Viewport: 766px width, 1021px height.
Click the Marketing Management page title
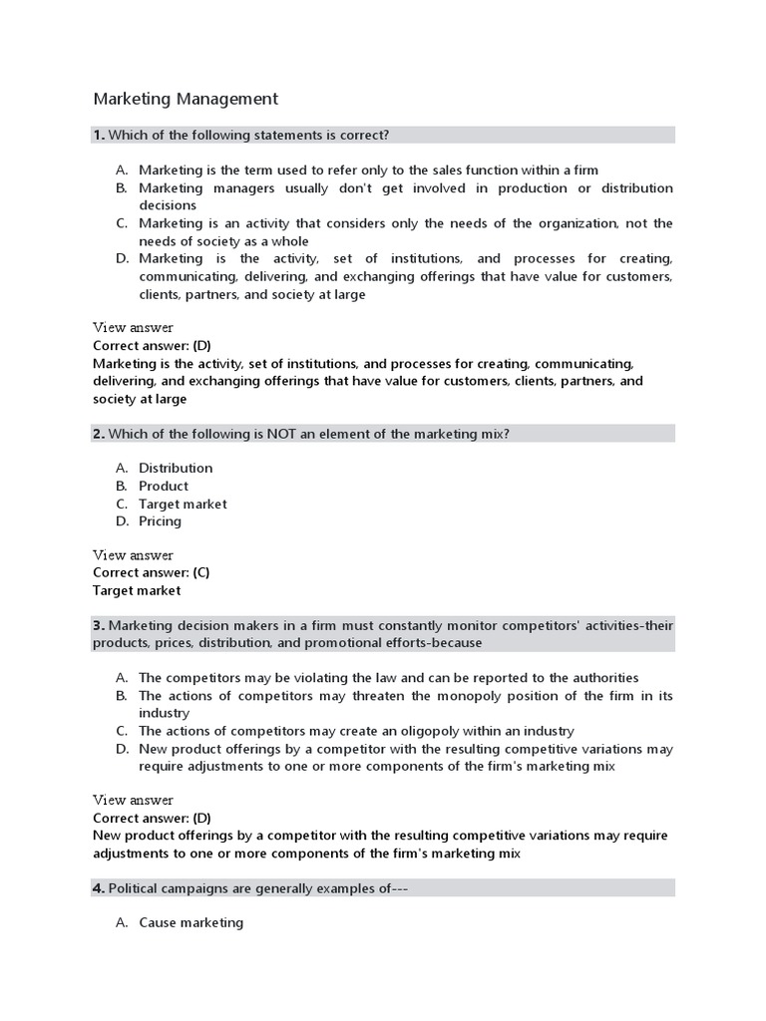tap(186, 99)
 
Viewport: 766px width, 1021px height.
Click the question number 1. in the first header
tap(99, 135)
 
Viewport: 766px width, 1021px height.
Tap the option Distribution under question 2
tap(176, 468)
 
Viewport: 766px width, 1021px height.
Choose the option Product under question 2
tap(164, 486)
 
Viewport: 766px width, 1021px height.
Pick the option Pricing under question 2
tap(161, 521)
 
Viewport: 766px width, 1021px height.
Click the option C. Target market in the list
tap(183, 504)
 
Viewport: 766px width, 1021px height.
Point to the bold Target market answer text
tap(137, 590)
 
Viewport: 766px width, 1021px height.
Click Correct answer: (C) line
tap(151, 572)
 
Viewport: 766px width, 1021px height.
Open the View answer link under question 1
tap(133, 328)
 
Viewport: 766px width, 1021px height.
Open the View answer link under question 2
tap(133, 555)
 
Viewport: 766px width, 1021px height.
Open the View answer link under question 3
tap(133, 801)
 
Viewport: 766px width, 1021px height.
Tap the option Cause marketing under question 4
tap(191, 922)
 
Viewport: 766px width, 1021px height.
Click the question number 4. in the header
tap(99, 888)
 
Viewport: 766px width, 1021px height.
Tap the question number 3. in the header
tap(99, 625)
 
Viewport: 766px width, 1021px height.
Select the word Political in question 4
tap(132, 888)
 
